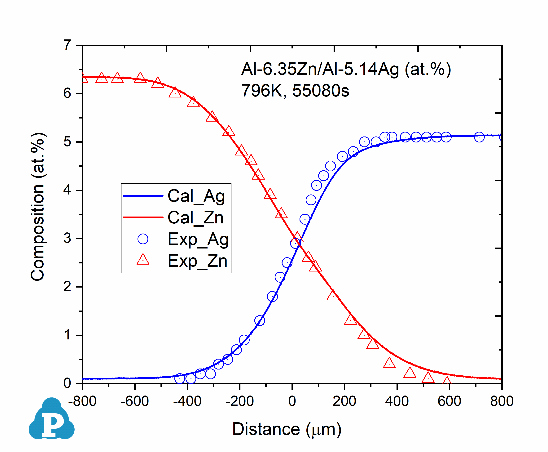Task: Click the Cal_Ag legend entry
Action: coord(196,196)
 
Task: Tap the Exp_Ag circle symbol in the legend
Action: coord(143,239)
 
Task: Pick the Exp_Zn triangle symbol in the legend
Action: coord(143,260)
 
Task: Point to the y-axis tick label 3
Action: coord(67,238)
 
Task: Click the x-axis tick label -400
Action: coord(187,401)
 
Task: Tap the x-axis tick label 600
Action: coord(449,401)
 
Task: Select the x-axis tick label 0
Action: coord(292,401)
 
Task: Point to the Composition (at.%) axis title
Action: coord(38,207)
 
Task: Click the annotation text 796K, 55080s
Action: coord(295,91)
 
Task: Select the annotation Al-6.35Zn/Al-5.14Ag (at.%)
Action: coord(346,69)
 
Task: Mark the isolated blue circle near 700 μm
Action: coord(479,137)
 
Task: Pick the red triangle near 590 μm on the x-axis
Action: coord(447,381)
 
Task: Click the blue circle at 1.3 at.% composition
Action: coord(260,320)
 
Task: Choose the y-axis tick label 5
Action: coord(67,142)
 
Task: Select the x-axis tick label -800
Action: coord(82,401)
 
